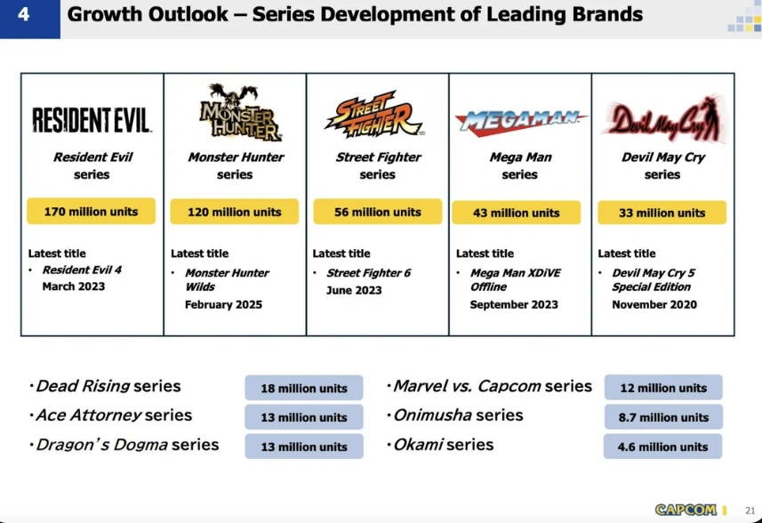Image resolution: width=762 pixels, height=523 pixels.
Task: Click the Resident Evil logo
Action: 92,120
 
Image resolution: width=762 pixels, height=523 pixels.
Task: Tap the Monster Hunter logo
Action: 239,112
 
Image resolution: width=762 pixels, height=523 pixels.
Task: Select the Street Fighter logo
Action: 374,115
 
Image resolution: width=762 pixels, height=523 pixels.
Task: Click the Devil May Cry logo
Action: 664,118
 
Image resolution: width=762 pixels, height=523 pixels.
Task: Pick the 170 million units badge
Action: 92,212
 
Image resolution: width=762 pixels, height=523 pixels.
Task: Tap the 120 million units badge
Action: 234,212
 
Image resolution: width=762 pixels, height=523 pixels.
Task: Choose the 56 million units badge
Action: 378,212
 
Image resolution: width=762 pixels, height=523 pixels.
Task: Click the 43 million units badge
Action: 516,213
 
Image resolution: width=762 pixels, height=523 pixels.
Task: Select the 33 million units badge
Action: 662,213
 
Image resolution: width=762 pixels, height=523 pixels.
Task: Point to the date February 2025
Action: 223,305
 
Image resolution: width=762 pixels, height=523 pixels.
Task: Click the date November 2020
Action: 654,305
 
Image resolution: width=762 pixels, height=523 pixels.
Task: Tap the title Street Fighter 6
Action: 369,273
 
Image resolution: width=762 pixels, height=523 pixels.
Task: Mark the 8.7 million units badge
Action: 663,417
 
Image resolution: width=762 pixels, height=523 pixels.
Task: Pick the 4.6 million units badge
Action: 663,447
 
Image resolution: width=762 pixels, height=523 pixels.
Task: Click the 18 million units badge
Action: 304,388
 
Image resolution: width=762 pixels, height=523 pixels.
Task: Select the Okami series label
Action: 443,445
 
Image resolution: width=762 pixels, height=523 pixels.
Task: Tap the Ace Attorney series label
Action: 114,415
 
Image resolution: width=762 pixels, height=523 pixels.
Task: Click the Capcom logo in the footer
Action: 686,510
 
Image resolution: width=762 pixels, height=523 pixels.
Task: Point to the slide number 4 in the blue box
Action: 23,14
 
